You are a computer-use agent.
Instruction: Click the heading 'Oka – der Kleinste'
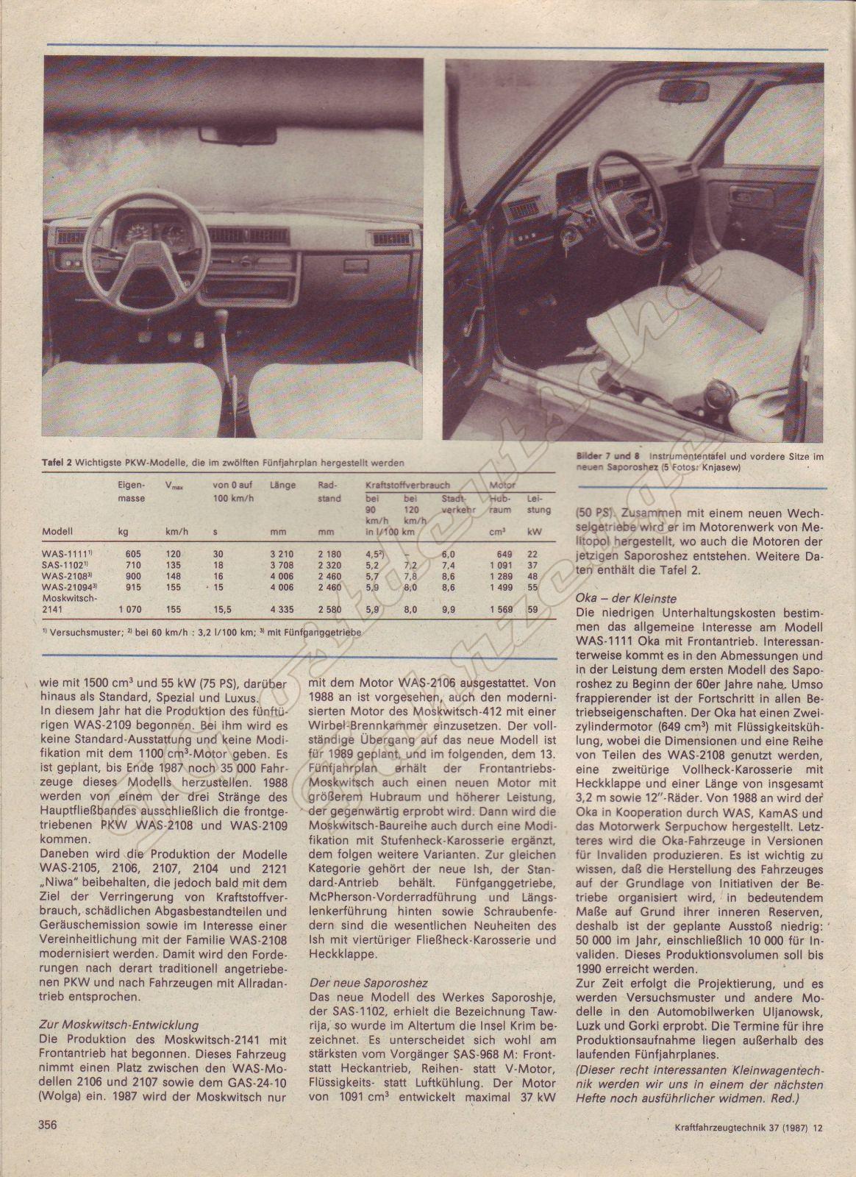627,598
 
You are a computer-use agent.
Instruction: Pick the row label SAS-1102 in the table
65,565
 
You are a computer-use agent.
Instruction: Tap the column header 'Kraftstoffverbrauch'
407,486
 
